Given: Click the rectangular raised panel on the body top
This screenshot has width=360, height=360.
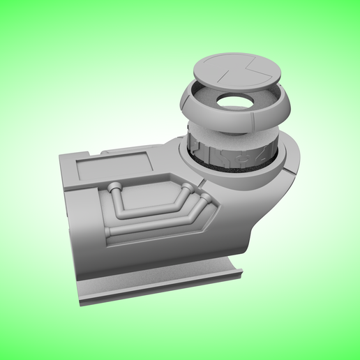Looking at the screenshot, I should (x=114, y=166).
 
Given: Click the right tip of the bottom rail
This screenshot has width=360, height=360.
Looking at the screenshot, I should (x=239, y=269).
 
